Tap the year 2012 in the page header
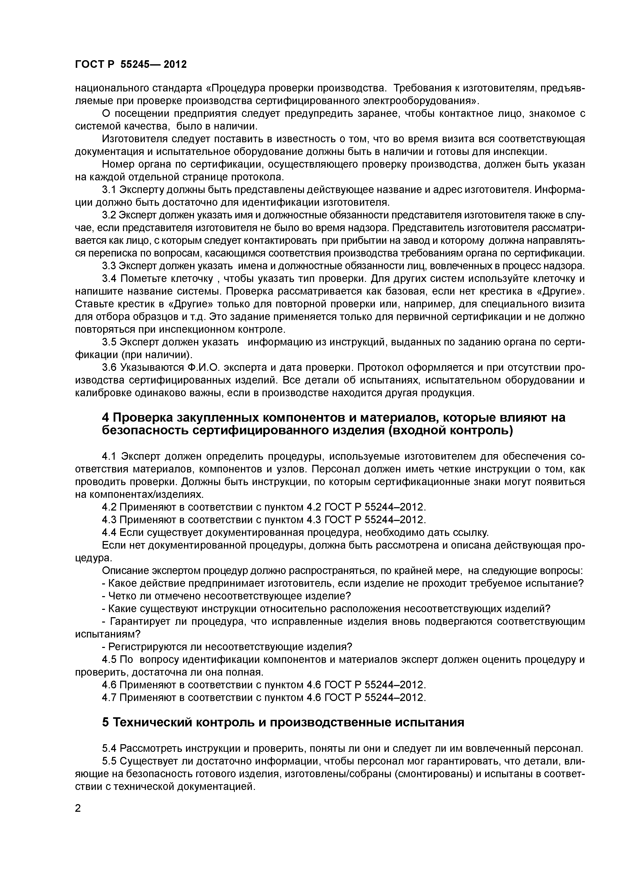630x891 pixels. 175,65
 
